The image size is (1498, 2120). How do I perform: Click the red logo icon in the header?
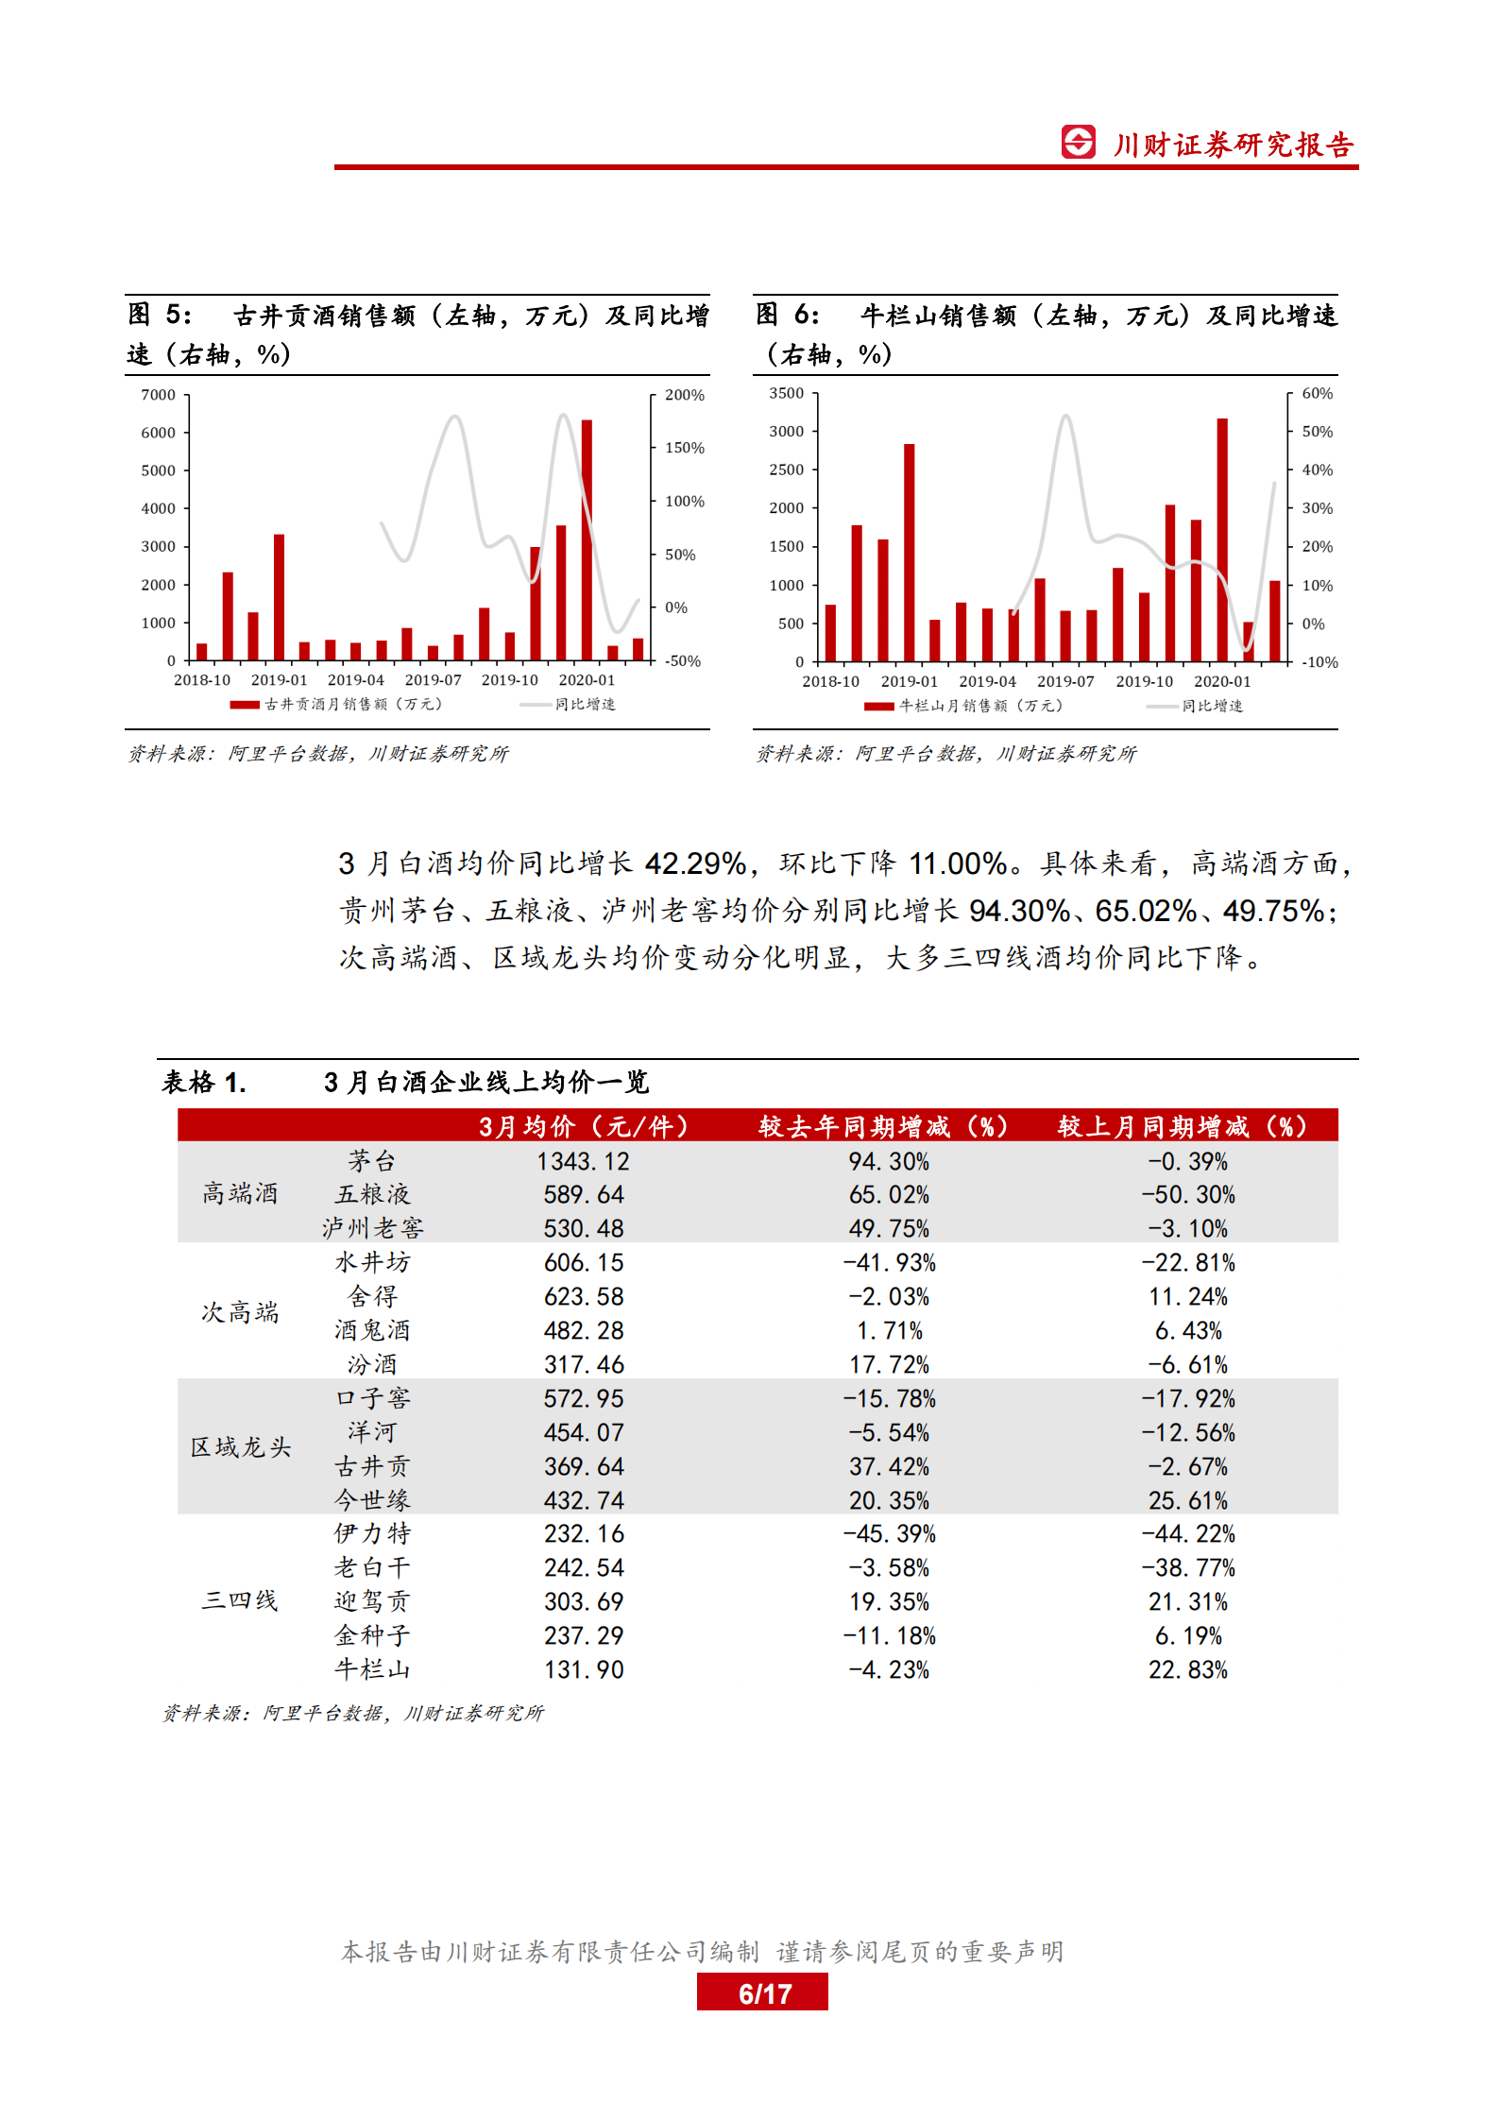pos(1078,142)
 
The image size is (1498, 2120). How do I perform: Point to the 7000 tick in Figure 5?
pos(159,395)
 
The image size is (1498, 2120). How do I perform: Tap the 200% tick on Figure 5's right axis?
pos(684,395)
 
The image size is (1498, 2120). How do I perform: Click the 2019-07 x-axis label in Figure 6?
pos(1065,681)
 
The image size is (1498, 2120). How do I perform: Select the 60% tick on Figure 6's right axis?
pos(1317,393)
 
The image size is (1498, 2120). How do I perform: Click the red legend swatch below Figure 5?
pos(245,705)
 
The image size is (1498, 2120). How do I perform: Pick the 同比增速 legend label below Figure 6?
pos(1212,706)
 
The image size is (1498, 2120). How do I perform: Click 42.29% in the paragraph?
pos(695,863)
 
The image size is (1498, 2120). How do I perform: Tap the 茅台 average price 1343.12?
pos(583,1161)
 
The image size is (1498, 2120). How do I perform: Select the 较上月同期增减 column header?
pos(1182,1126)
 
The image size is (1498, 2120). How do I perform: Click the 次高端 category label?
pos(240,1312)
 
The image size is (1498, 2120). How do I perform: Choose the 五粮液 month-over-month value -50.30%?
pos(1187,1195)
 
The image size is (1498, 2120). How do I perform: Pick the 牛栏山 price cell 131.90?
pos(583,1670)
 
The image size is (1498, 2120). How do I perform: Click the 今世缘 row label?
pos(372,1500)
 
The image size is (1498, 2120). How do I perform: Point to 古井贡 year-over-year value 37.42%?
pos(889,1466)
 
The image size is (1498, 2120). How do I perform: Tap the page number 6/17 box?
pos(762,1993)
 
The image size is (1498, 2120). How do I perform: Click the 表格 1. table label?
pos(204,1083)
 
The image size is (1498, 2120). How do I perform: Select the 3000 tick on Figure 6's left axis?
pos(786,431)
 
